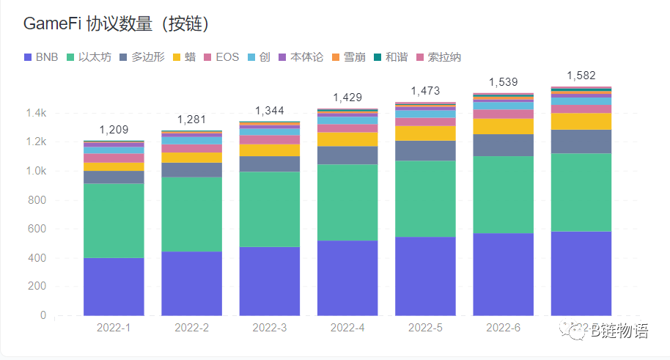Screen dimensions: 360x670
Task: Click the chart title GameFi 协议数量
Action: pos(117,24)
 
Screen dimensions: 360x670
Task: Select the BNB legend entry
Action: pos(41,57)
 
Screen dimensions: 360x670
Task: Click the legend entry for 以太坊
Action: pos(89,57)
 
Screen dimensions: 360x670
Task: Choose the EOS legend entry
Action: pos(220,57)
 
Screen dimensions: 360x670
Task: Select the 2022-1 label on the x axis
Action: pos(114,328)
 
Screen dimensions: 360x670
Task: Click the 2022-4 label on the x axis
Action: pos(347,328)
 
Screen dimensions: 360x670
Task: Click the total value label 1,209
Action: pos(114,130)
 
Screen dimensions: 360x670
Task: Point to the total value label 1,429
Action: pos(347,98)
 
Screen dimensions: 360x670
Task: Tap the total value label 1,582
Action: pos(581,76)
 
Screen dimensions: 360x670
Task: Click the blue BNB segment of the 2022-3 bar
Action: pos(270,282)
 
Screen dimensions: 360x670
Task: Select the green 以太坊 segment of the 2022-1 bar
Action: pos(114,220)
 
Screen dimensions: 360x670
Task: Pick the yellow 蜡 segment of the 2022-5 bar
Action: pos(425,133)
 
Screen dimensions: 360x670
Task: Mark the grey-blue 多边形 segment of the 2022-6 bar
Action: pos(503,145)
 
